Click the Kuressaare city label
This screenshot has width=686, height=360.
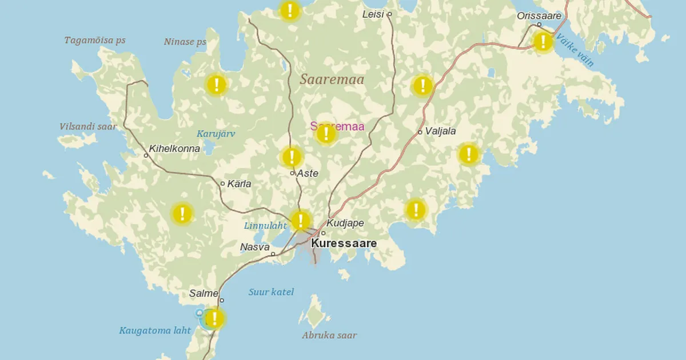pyautogui.click(x=344, y=243)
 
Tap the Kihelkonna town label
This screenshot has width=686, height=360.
pyautogui.click(x=175, y=149)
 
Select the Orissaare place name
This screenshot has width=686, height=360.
pyautogui.click(x=539, y=15)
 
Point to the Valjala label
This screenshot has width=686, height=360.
pyautogui.click(x=440, y=131)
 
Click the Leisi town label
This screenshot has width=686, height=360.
pyautogui.click(x=373, y=14)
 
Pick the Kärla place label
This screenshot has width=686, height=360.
pyautogui.click(x=239, y=184)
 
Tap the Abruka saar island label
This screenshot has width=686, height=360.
pyautogui.click(x=329, y=335)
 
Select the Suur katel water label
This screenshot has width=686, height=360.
pyautogui.click(x=271, y=292)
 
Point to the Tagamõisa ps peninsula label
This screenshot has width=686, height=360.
pyautogui.click(x=95, y=41)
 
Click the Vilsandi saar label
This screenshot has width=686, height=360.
pyautogui.click(x=88, y=126)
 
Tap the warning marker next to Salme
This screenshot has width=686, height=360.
pyautogui.click(x=214, y=318)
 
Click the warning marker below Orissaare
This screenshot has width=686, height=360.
pyautogui.click(x=543, y=41)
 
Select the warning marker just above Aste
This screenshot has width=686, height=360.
pyautogui.click(x=292, y=157)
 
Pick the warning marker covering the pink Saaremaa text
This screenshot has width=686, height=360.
pyautogui.click(x=326, y=134)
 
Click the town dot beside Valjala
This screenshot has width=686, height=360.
pyautogui.click(x=420, y=132)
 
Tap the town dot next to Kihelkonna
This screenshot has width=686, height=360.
pyautogui.click(x=146, y=155)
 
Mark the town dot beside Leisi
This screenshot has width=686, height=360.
pyautogui.click(x=389, y=14)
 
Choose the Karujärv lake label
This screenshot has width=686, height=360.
pyautogui.click(x=216, y=134)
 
